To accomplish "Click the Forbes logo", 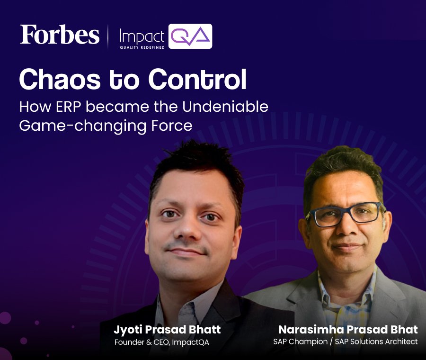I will pos(60,35).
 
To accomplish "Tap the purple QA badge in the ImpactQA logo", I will pos(190,36).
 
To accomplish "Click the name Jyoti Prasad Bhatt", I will pos(167,330).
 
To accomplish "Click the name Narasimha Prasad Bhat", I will pos(347,330).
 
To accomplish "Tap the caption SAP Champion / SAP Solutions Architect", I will pos(346,342).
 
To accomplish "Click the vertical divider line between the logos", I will pos(108,36).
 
